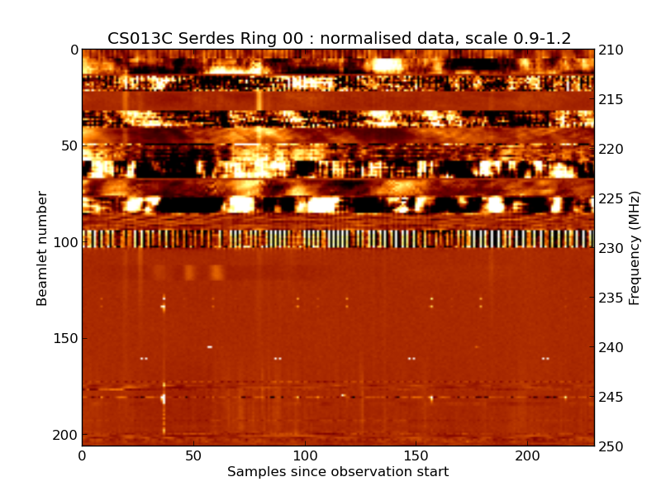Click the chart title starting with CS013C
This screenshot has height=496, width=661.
339,38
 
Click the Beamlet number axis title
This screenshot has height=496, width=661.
42,248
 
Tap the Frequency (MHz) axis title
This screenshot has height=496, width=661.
635,248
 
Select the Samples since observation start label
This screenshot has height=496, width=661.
338,472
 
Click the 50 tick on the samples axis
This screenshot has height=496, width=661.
193,455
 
